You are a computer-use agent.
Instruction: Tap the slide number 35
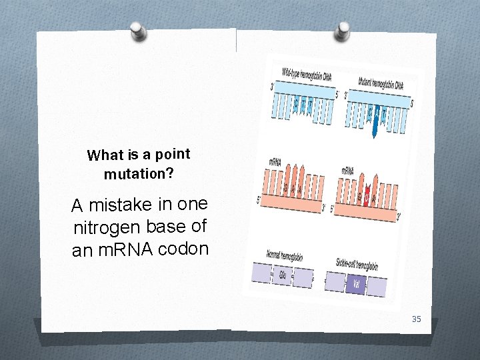[417, 319]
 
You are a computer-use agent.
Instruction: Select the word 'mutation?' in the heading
[139, 174]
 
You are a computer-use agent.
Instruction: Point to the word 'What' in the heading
[102, 156]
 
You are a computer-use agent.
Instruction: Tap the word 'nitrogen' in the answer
[105, 228]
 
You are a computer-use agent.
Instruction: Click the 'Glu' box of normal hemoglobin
[283, 275]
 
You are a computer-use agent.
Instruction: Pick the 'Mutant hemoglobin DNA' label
[381, 84]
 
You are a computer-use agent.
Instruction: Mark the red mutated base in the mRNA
[366, 196]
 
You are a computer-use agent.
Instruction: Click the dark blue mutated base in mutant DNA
[376, 122]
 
